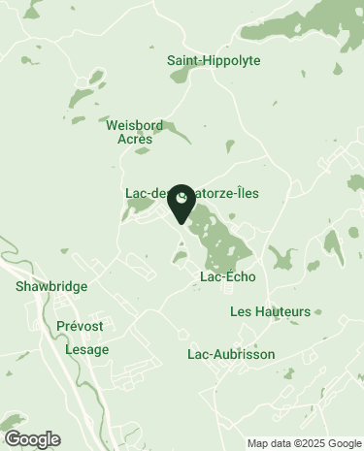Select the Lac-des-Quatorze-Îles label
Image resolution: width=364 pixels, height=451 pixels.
(192, 193)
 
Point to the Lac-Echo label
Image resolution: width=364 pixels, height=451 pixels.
(227, 276)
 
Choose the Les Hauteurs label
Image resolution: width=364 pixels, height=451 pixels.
(271, 311)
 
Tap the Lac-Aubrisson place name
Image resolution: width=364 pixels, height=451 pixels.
(231, 355)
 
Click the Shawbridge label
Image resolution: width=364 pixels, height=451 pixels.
(51, 287)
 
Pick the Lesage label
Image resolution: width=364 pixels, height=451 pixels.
(86, 349)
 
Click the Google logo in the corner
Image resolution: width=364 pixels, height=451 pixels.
(32, 439)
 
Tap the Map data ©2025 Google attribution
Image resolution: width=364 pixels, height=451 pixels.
(304, 443)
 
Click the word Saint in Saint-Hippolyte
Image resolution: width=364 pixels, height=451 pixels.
(183, 60)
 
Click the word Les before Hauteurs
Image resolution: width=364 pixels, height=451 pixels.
(242, 311)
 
